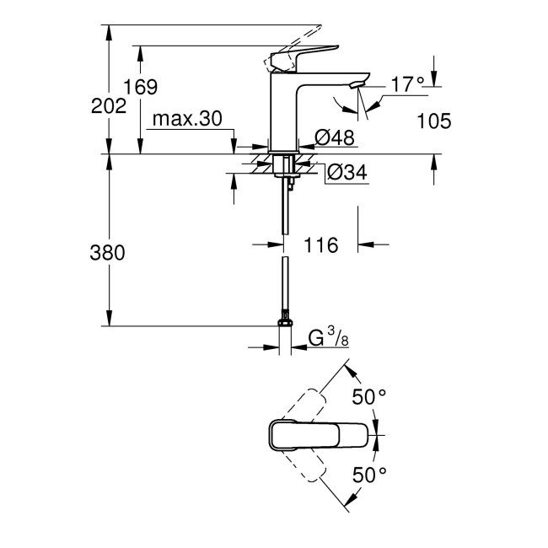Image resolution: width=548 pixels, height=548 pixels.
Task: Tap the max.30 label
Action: point(186,120)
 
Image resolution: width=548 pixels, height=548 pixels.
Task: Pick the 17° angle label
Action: point(408,83)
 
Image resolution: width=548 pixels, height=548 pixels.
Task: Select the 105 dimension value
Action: point(434,121)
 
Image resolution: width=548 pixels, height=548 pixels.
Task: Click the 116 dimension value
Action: point(320,245)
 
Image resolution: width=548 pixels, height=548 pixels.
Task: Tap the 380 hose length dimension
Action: point(107,252)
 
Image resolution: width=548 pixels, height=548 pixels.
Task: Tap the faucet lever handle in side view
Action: point(304,56)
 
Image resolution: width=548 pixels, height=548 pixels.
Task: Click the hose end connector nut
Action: point(285,321)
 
